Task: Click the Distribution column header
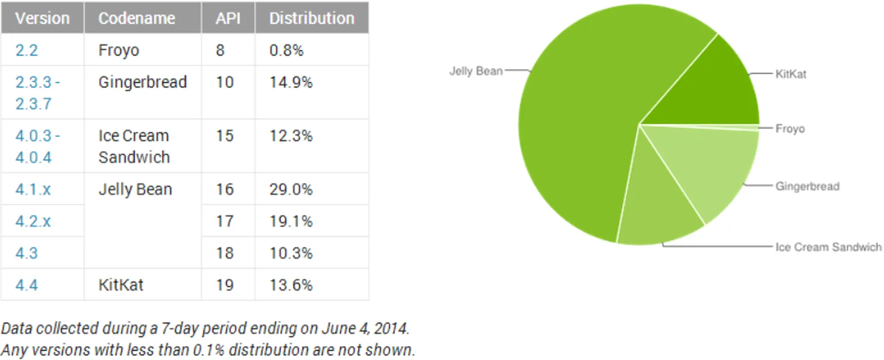pos(312,19)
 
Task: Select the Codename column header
pos(137,19)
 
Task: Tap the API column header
pos(228,19)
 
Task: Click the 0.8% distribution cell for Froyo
pos(286,50)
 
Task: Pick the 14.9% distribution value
pos(291,82)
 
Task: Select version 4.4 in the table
pos(27,285)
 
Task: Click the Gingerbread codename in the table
pos(142,82)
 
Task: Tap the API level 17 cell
pos(225,221)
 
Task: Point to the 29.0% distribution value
pos(291,189)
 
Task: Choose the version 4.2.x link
pos(33,221)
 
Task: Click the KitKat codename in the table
pos(121,285)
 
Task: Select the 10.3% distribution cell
pos(291,253)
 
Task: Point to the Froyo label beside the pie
pos(790,129)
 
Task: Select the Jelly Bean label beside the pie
pos(476,71)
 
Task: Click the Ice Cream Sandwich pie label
pos(828,247)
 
